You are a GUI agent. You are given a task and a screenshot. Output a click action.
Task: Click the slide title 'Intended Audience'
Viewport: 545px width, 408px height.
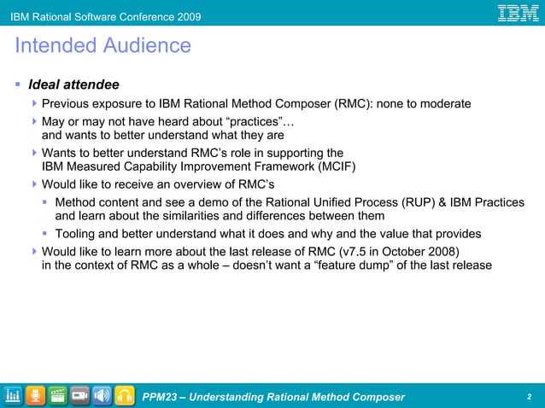[x=103, y=45]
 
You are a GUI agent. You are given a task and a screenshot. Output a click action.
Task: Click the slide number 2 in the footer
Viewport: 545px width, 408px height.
[x=530, y=397]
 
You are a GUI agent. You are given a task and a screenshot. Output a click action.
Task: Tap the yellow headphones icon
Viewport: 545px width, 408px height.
[x=125, y=395]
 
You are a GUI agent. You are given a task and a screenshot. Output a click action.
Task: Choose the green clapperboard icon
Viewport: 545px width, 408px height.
[x=58, y=395]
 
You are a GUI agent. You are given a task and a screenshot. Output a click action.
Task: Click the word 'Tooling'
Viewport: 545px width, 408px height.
[x=76, y=234]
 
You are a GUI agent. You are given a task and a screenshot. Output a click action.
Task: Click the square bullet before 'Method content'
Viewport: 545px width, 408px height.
[x=45, y=202]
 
